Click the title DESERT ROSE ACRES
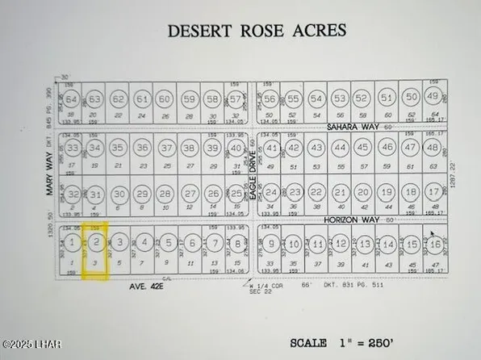(x=256, y=31)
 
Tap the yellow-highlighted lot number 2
(x=96, y=242)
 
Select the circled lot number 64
(x=73, y=100)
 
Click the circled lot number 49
(x=433, y=98)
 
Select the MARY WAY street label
(x=49, y=172)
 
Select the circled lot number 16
(x=436, y=244)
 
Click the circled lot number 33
(x=73, y=149)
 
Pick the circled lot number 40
(x=236, y=149)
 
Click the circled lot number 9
(x=272, y=244)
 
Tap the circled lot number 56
(x=270, y=99)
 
